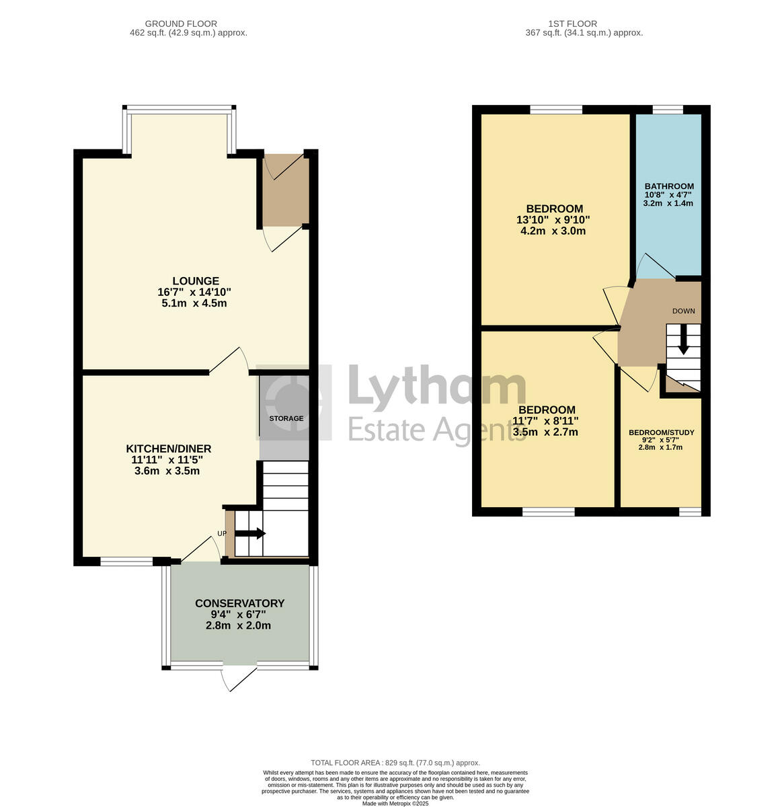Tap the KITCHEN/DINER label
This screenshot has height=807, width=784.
point(169,449)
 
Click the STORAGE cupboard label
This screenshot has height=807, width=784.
point(286,418)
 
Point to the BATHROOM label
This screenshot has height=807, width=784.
point(669,186)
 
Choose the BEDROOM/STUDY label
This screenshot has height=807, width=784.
point(662,432)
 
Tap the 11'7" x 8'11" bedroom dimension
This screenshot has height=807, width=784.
point(545,421)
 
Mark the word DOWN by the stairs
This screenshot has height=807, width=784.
point(683,311)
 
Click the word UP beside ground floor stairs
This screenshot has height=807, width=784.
point(222,533)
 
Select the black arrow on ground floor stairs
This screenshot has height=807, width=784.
point(250,533)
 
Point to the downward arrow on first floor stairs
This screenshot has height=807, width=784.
point(683,340)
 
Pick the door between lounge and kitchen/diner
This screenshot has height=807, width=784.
point(229,360)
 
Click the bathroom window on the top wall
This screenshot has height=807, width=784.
point(668,109)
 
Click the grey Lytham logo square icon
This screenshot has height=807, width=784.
point(295,402)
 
